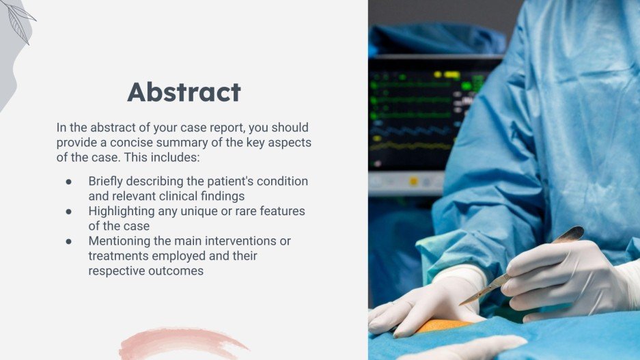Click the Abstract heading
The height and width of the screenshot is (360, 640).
pyautogui.click(x=184, y=92)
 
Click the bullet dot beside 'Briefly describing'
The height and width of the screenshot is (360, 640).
pyautogui.click(x=68, y=182)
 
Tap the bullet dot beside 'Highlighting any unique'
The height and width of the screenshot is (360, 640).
pyautogui.click(x=68, y=212)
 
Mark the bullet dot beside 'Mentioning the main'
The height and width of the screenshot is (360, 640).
pyautogui.click(x=68, y=241)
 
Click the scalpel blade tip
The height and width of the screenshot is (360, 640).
pyautogui.click(x=460, y=305)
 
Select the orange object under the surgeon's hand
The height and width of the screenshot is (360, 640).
pyautogui.click(x=443, y=326)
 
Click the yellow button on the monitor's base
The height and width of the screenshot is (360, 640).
pyautogui.click(x=413, y=181)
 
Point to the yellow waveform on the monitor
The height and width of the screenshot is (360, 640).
pyautogui.click(x=413, y=146)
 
